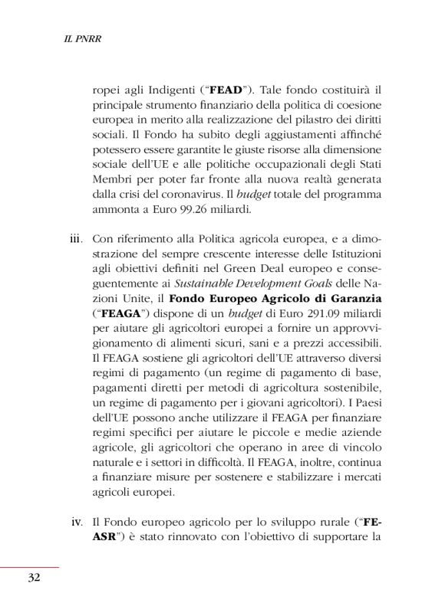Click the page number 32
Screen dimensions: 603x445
point(33,578)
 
